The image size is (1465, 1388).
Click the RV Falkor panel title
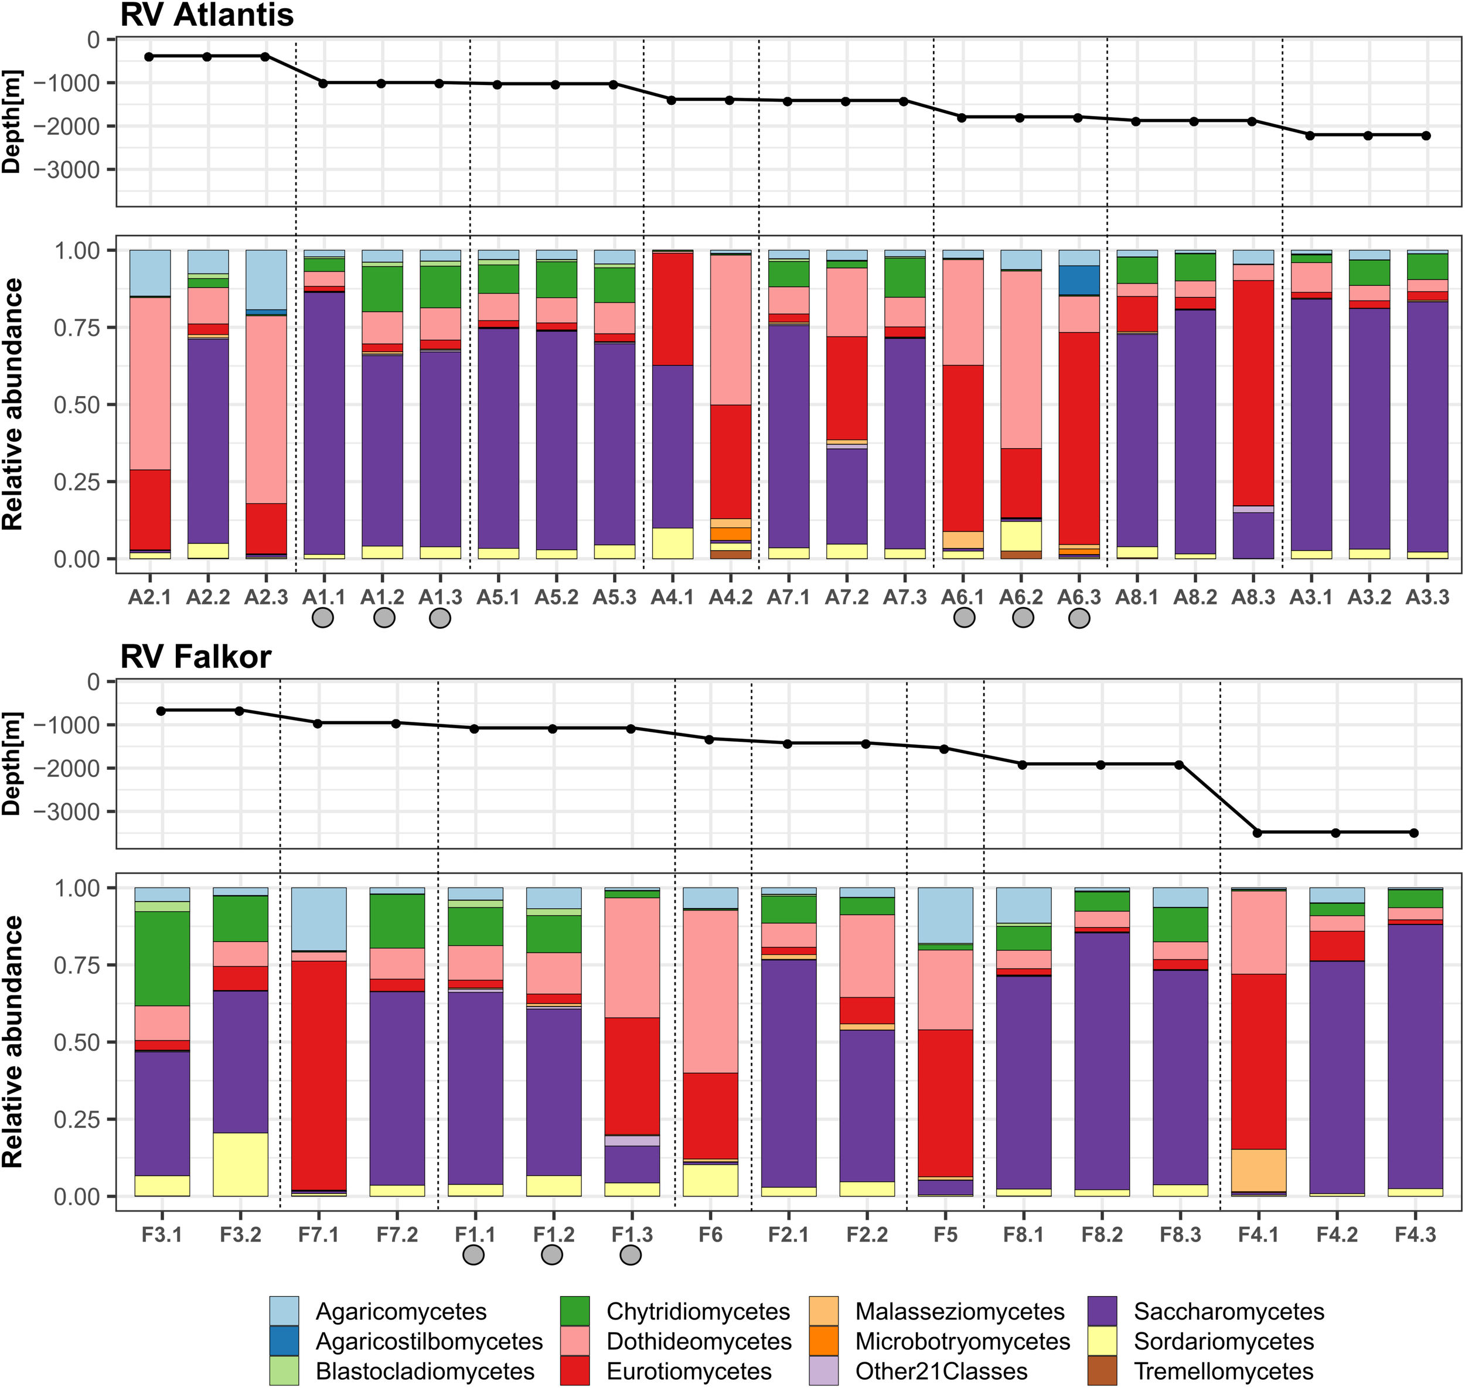(x=196, y=657)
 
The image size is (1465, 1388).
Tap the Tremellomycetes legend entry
(x=1224, y=1371)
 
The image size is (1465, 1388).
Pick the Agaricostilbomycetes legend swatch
(x=284, y=1341)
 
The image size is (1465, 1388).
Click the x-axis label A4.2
(x=730, y=597)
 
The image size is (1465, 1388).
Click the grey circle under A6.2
(x=1023, y=618)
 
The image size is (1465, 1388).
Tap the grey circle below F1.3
(x=631, y=1255)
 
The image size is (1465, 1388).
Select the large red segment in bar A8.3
(x=1253, y=392)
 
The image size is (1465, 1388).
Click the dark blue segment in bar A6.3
(x=1079, y=279)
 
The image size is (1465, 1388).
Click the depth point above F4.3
(x=1414, y=833)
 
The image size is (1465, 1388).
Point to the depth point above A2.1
(x=149, y=56)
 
